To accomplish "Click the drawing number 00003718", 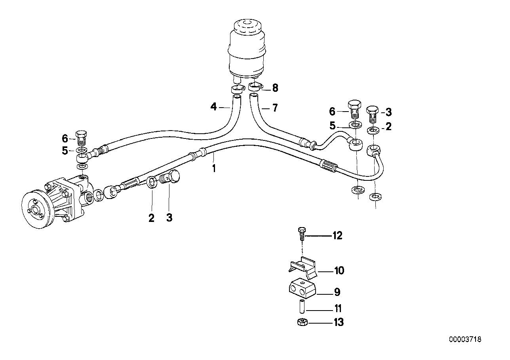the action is tap(465, 339).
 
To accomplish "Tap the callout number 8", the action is tap(275, 88).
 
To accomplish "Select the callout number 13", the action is tap(339, 322).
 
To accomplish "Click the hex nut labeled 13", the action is tap(303, 322).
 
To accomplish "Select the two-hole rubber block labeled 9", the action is tap(303, 289).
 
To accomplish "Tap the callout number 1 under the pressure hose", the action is tap(214, 169).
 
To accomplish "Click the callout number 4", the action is tap(213, 106).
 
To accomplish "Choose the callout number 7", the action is tap(275, 108).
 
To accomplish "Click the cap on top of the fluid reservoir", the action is tap(247, 25).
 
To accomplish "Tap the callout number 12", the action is tap(337, 236).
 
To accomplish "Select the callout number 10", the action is tap(339, 271).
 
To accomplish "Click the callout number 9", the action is tap(337, 292).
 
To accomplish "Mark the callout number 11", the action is tap(338, 309).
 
